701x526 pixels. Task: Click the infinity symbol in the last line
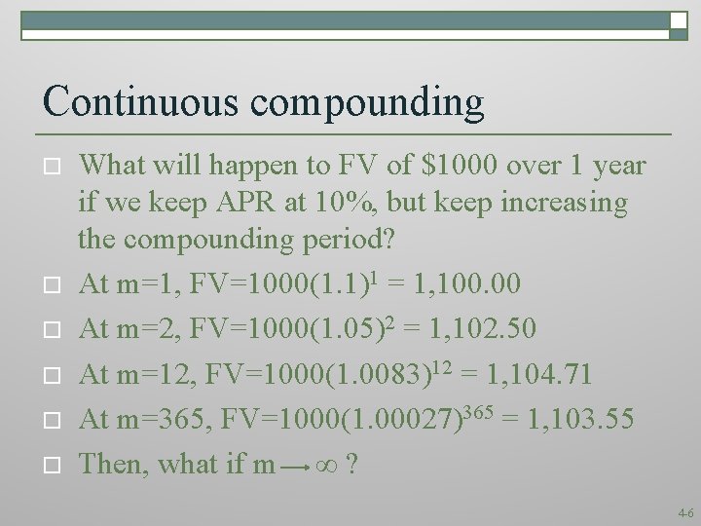329,465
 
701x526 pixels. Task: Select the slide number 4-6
684,510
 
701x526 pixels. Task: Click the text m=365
160,420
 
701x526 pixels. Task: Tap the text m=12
150,375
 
